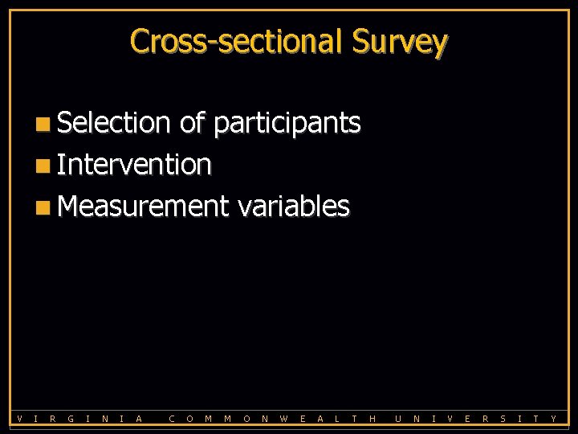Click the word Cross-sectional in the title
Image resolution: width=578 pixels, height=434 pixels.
click(x=237, y=41)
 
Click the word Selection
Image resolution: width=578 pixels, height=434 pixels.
click(x=114, y=123)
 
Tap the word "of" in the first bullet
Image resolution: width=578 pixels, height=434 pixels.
click(x=192, y=123)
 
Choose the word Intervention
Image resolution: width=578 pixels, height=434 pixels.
click(x=134, y=165)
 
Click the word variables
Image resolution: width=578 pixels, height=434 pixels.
click(x=293, y=207)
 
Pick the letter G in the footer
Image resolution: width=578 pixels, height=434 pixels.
click(x=71, y=418)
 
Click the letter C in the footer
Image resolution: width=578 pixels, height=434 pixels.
click(x=173, y=418)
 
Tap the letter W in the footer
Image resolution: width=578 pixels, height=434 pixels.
click(x=284, y=418)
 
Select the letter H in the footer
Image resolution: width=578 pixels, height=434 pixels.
click(x=372, y=418)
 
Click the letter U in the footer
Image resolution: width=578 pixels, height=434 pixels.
click(x=397, y=418)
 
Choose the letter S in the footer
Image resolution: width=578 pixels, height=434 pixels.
click(x=503, y=418)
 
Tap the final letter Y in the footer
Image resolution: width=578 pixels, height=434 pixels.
click(x=553, y=418)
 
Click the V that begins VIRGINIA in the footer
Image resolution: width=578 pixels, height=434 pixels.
click(x=19, y=418)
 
